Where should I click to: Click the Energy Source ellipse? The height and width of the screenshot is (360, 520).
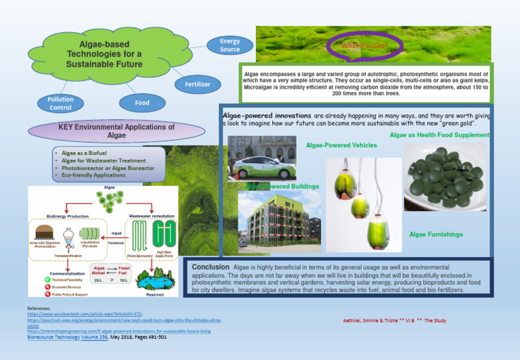230,45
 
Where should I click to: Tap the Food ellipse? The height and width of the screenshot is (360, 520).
142,103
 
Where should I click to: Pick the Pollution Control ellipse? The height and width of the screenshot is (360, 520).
60,103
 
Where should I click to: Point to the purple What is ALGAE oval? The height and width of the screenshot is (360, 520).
365,45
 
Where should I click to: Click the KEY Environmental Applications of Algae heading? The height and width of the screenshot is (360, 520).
116,131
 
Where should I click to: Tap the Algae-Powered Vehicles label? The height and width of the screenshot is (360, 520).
342,145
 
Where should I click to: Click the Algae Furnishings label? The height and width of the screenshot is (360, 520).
436,234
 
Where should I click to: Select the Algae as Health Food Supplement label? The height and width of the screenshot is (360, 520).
439,135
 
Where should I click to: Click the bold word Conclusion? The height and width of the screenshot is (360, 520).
210,267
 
